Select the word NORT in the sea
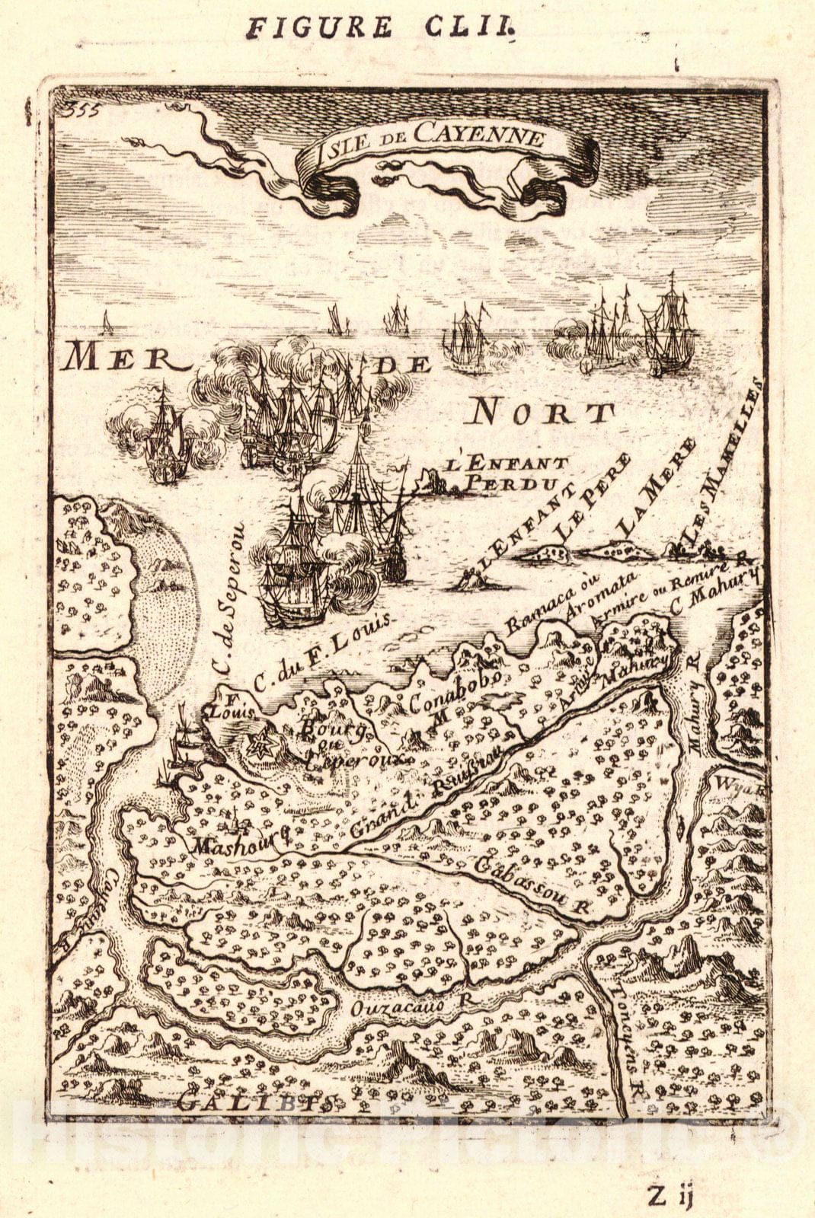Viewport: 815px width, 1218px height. pyautogui.click(x=542, y=413)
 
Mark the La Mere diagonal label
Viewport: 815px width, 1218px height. pyautogui.click(x=655, y=487)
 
